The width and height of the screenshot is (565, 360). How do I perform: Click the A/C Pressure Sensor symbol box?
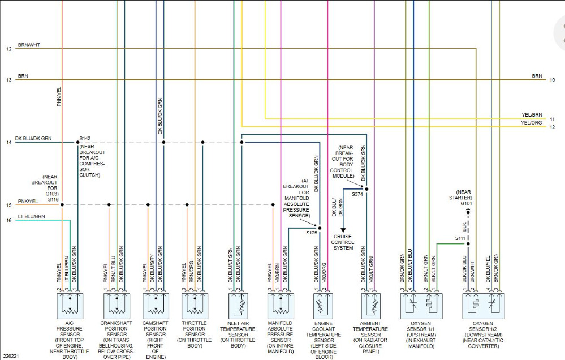(70, 306)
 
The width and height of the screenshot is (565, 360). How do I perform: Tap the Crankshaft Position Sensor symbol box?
(117, 306)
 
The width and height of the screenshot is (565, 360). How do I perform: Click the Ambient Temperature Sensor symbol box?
(370, 306)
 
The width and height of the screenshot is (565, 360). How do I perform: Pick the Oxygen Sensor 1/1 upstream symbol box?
(421, 306)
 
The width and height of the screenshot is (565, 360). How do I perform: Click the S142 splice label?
(85, 138)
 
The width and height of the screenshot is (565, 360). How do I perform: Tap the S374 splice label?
(358, 194)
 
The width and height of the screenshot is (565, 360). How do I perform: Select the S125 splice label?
(312, 233)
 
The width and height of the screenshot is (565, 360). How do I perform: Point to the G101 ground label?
(467, 203)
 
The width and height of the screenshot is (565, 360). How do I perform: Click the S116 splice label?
(53, 199)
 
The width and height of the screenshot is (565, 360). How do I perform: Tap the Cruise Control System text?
(343, 242)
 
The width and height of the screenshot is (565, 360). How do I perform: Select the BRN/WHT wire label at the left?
(29, 45)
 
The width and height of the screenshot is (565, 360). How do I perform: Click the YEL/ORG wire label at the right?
(531, 123)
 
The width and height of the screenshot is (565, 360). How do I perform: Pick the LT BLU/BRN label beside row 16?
(31, 216)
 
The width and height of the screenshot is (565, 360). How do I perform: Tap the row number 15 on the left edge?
(8, 205)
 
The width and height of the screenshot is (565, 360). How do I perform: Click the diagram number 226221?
(11, 356)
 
